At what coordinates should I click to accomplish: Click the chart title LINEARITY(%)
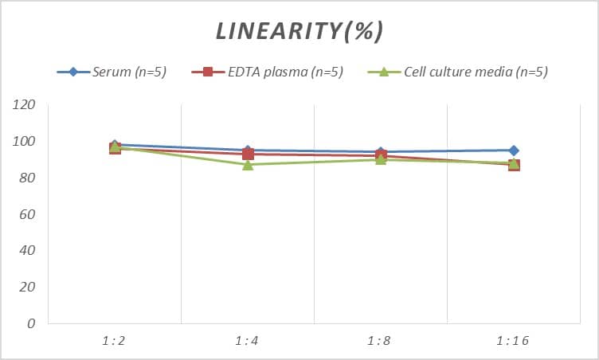click(x=299, y=31)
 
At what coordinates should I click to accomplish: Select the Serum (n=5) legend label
click(x=129, y=72)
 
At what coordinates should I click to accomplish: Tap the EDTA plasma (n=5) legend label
click(x=285, y=72)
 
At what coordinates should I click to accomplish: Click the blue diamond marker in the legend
click(x=73, y=72)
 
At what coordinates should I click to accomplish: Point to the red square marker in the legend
click(x=208, y=72)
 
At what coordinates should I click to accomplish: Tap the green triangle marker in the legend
click(x=383, y=72)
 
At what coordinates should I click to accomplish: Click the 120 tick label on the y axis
click(x=25, y=105)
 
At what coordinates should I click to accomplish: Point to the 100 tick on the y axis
click(x=25, y=142)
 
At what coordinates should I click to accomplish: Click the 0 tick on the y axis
click(x=31, y=323)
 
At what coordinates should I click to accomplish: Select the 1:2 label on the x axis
click(x=114, y=341)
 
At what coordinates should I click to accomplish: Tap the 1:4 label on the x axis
click(x=247, y=341)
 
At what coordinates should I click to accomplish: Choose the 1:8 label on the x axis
click(x=380, y=341)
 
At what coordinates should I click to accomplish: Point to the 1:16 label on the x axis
click(x=513, y=341)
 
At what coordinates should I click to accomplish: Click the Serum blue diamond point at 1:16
click(x=514, y=151)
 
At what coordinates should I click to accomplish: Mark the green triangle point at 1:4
click(x=248, y=164)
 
